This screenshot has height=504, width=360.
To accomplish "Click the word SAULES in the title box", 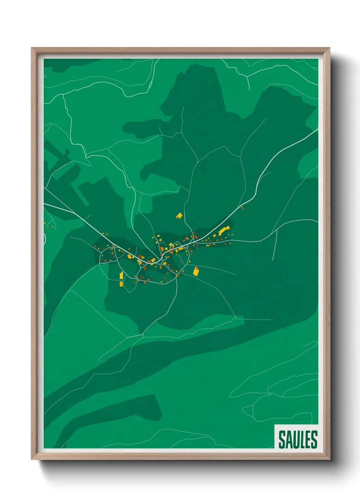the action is (298, 439).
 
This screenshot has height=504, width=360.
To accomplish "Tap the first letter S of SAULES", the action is (282, 439).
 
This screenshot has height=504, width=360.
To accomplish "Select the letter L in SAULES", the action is (302, 439).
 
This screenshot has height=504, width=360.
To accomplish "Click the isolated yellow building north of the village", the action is (179, 216).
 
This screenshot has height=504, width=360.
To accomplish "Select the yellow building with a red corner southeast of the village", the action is (196, 271).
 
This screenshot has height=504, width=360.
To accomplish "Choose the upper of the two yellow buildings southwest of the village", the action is (121, 275).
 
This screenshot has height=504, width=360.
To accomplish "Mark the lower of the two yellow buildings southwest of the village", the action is (121, 284).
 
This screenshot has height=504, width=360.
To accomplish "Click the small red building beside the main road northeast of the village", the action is (242, 207).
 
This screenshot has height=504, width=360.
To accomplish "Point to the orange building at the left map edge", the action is (45, 223).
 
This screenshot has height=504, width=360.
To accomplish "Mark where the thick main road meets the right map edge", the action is (318, 129).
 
